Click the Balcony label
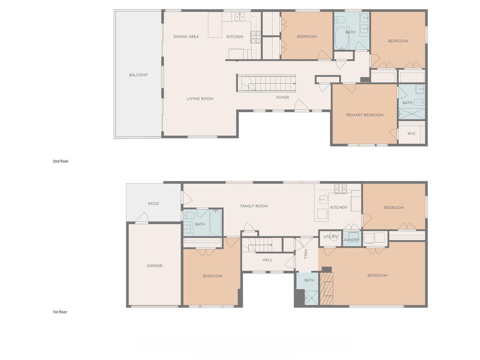coord(138,75)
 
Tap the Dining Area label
coord(186,37)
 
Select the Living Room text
coord(200,98)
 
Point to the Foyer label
coord(283,97)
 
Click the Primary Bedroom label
coord(365,115)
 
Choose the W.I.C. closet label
coord(412,134)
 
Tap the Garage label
coord(155,266)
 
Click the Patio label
coord(153,203)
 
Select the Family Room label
coord(254,206)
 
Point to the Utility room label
coord(330,237)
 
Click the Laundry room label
coord(352,240)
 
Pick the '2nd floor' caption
coord(60,161)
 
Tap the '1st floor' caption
coord(60,312)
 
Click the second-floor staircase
coord(266,83)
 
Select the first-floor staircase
coord(262,245)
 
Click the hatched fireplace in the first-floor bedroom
coord(326,289)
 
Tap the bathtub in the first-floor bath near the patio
coord(215,222)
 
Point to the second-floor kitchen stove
coord(255,37)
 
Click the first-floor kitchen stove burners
coord(340,188)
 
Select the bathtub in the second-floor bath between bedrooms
coord(340,38)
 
